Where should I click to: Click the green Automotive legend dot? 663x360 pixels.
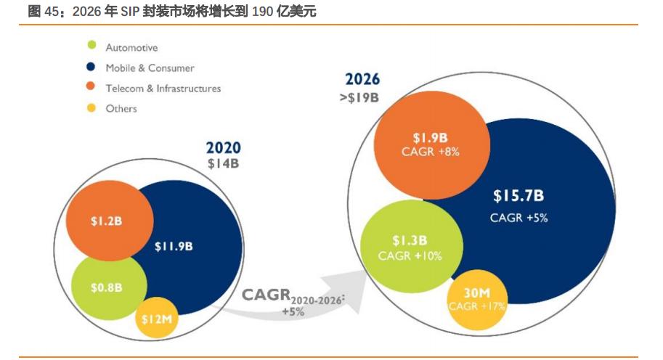[x=91, y=47]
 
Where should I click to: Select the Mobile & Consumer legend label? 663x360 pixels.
[x=150, y=67]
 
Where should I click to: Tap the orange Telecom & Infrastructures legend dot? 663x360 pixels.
[x=91, y=88]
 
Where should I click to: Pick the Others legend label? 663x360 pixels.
[x=121, y=108]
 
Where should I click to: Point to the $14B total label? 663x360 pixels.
[x=223, y=163]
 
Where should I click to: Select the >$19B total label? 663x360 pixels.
[x=359, y=97]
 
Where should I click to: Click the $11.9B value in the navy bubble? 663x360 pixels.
[x=174, y=246]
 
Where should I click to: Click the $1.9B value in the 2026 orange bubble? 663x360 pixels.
[x=430, y=137]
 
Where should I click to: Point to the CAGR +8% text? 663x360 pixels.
[x=430, y=152]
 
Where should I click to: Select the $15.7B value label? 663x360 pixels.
[x=518, y=196]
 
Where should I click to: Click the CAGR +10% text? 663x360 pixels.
[x=410, y=256]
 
